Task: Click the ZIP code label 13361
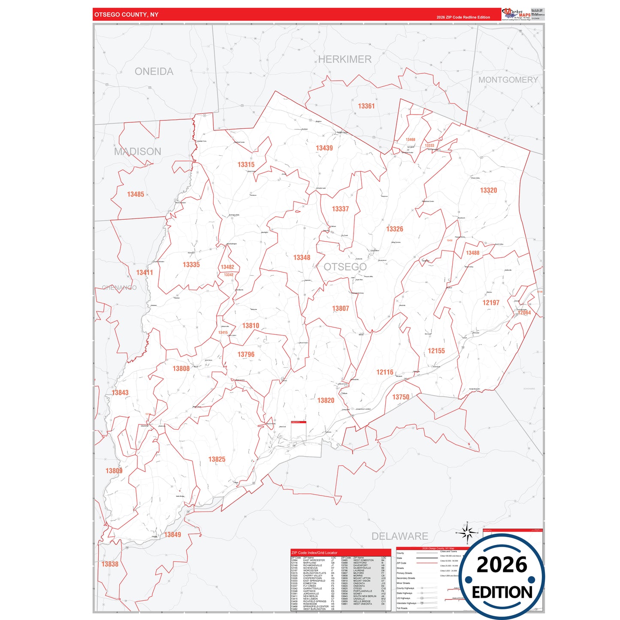(366, 106)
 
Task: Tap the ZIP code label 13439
(324, 148)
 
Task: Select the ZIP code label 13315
(246, 164)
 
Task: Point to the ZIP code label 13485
(136, 194)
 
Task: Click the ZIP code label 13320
(488, 190)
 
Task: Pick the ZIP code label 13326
(394, 229)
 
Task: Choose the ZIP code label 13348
(302, 257)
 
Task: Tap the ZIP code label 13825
(217, 459)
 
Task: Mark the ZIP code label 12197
(491, 302)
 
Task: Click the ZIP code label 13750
(401, 397)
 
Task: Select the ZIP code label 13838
(110, 564)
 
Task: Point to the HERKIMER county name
(345, 59)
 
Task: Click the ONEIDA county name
(154, 71)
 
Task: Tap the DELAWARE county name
(399, 536)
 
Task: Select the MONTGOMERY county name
(508, 80)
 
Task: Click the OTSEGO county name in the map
(345, 267)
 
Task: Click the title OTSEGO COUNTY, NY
(126, 15)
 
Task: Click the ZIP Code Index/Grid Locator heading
(314, 553)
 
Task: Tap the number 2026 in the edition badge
(502, 565)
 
